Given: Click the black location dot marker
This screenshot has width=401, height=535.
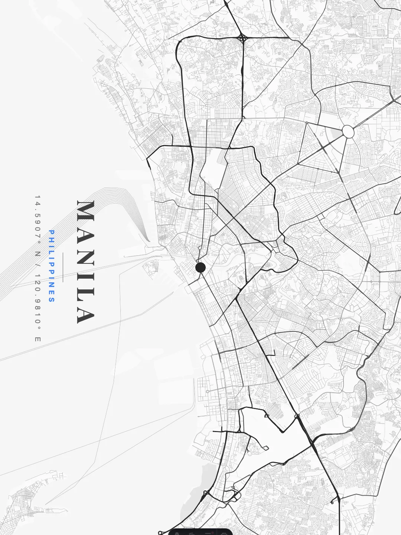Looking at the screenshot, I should point(200,267).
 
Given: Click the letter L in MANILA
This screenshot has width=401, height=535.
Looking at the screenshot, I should point(86,292).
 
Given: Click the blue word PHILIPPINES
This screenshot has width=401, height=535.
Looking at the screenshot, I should point(52,266).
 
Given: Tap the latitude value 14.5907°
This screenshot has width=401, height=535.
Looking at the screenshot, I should point(38,219).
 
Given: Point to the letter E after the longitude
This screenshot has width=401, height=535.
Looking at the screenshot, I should point(38,339).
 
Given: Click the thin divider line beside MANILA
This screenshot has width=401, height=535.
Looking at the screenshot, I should point(63,267).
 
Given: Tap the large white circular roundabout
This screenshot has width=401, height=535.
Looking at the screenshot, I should point(348,132).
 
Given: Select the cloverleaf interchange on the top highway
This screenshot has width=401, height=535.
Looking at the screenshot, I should point(242,38).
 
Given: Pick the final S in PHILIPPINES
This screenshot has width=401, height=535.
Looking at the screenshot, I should point(52,300).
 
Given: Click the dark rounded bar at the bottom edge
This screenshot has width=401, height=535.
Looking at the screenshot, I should point(200,532).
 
